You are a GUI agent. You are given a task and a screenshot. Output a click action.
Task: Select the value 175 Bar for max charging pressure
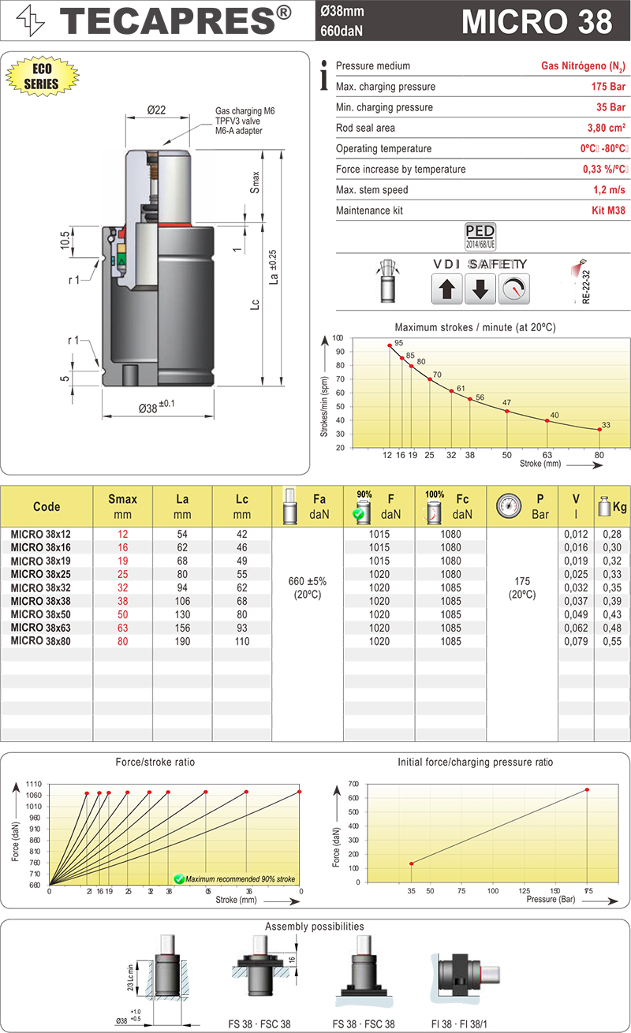[x=608, y=87]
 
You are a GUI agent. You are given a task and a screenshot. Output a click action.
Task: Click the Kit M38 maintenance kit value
[x=609, y=211]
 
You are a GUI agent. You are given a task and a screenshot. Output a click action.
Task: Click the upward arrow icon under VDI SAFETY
[x=446, y=289]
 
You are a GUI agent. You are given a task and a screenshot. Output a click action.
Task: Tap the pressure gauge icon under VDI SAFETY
[x=514, y=289]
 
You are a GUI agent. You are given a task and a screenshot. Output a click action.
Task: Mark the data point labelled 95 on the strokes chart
[x=390, y=345]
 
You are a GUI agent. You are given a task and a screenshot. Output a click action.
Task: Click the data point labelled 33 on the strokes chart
[x=599, y=430]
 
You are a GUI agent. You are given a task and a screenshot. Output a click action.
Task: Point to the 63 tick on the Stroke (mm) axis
[x=547, y=455]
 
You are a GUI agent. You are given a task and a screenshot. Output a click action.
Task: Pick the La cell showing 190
[x=182, y=641]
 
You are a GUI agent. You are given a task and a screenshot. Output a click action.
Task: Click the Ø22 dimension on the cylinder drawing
[x=155, y=110]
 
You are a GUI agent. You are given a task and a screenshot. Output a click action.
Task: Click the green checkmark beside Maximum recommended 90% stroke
[x=179, y=878]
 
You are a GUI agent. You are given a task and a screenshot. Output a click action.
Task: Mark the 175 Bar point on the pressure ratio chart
[x=587, y=790]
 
